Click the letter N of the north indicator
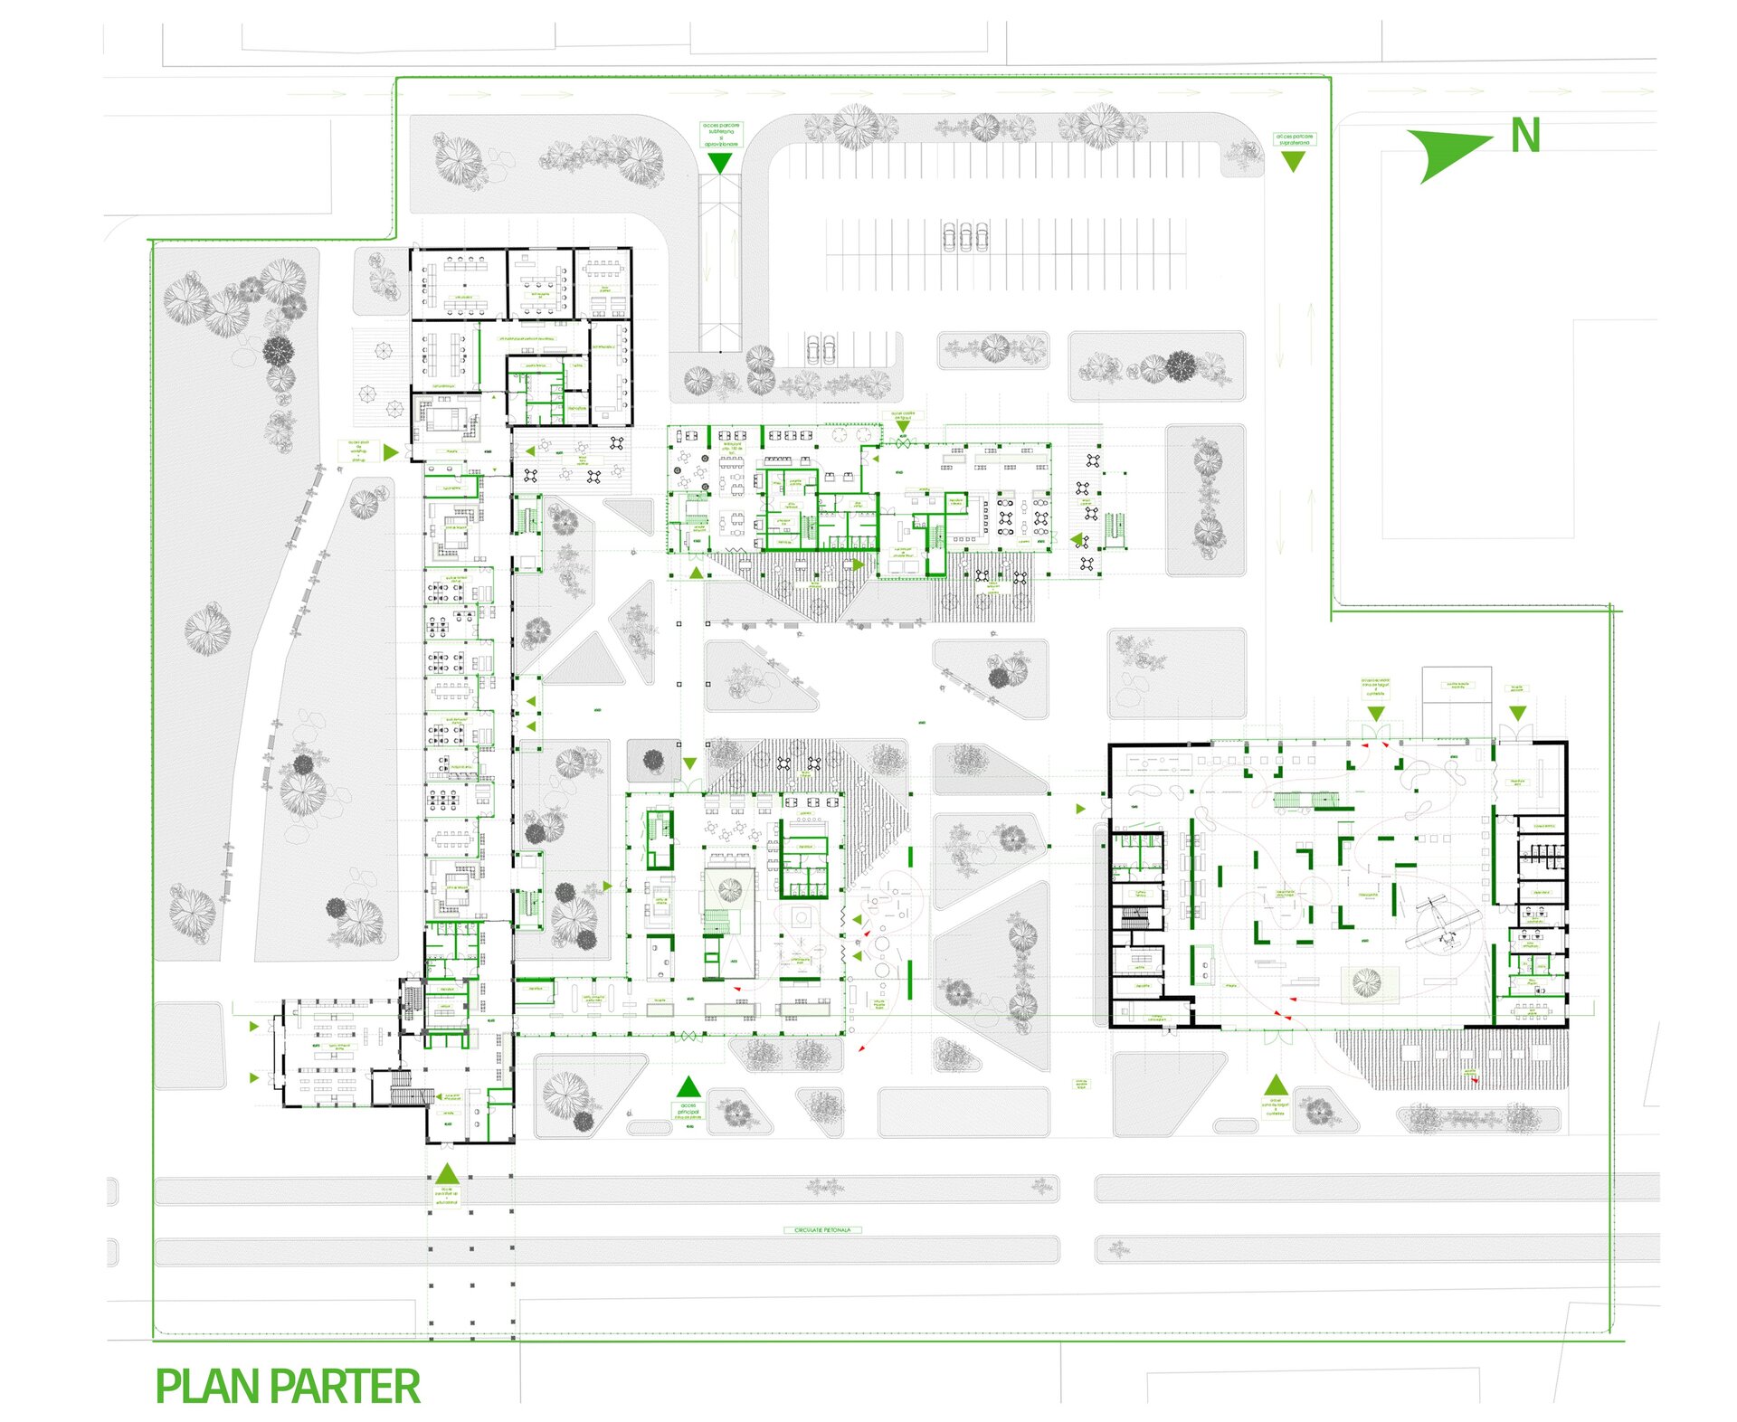pos(1525,137)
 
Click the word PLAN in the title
pos(209,1387)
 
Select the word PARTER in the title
pos(345,1387)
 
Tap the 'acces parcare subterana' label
pos(721,135)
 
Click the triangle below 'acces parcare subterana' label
pos(720,163)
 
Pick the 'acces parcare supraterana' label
pos(1294,139)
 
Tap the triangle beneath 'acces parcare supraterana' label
pos(1294,161)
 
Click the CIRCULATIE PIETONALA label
pos(822,1230)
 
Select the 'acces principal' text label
pos(688,1111)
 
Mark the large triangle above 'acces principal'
pos(688,1086)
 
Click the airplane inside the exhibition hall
pos(1443,923)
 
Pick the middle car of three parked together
pos(965,237)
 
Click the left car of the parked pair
pos(812,349)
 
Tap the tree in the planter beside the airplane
pos(1366,981)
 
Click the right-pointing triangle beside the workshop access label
pos(391,452)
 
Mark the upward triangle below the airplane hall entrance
pos(1276,1085)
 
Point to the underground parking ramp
pos(719,262)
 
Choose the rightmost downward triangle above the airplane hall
pos(1517,714)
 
